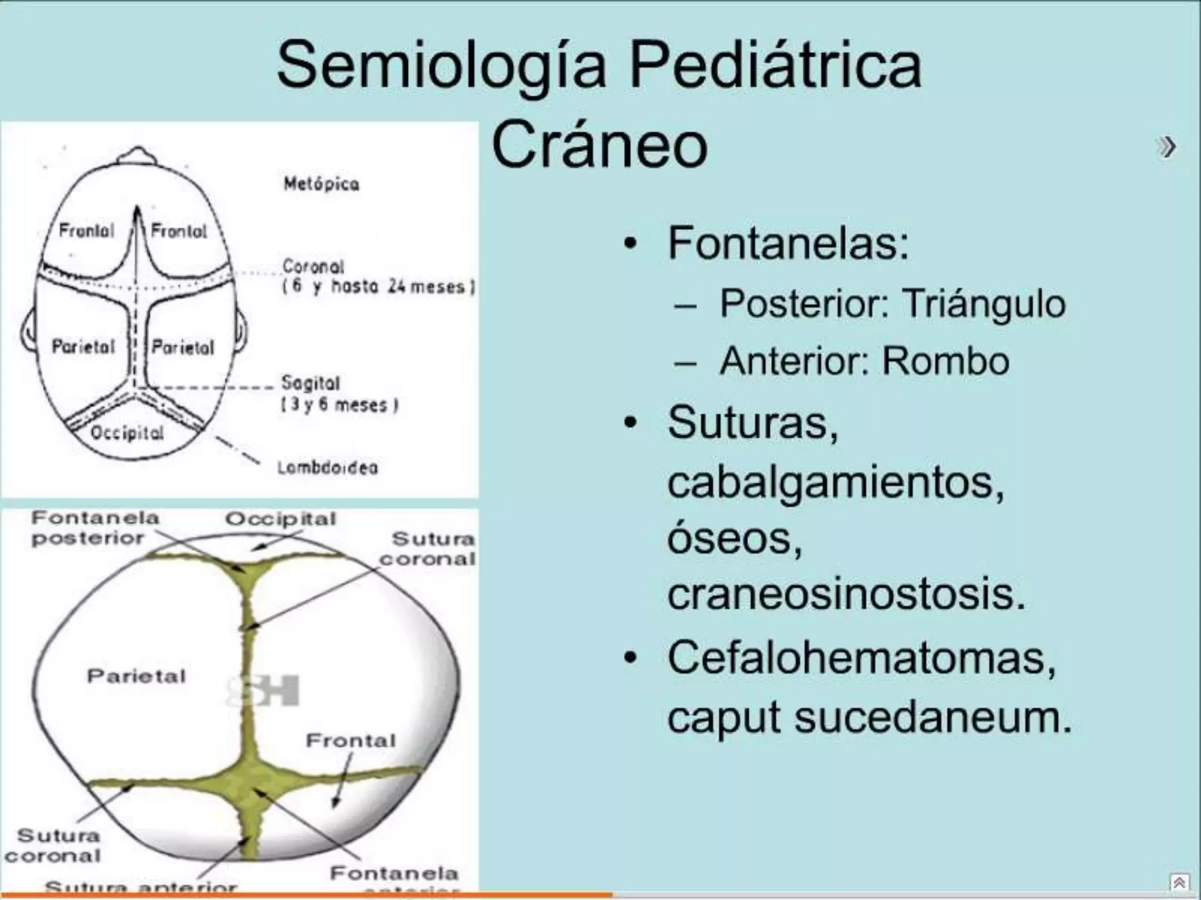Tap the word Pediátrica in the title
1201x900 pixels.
tap(775, 66)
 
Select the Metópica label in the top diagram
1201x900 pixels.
tap(321, 184)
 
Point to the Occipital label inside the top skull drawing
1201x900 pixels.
tap(127, 433)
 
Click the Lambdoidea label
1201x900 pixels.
tap(328, 468)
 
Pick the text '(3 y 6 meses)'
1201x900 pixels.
tap(340, 405)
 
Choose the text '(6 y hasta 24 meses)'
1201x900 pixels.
tap(379, 287)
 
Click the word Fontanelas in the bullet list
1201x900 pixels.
tap(788, 243)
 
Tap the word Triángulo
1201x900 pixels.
tap(983, 304)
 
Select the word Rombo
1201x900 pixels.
tap(945, 360)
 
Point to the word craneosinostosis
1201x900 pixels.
tap(846, 594)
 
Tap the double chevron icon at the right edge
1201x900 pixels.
tap(1166, 147)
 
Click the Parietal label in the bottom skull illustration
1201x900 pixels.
tap(136, 676)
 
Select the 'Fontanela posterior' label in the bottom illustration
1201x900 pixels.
tap(94, 528)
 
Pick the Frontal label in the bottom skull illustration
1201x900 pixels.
tap(351, 741)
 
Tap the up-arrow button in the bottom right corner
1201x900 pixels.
tap(1179, 882)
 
